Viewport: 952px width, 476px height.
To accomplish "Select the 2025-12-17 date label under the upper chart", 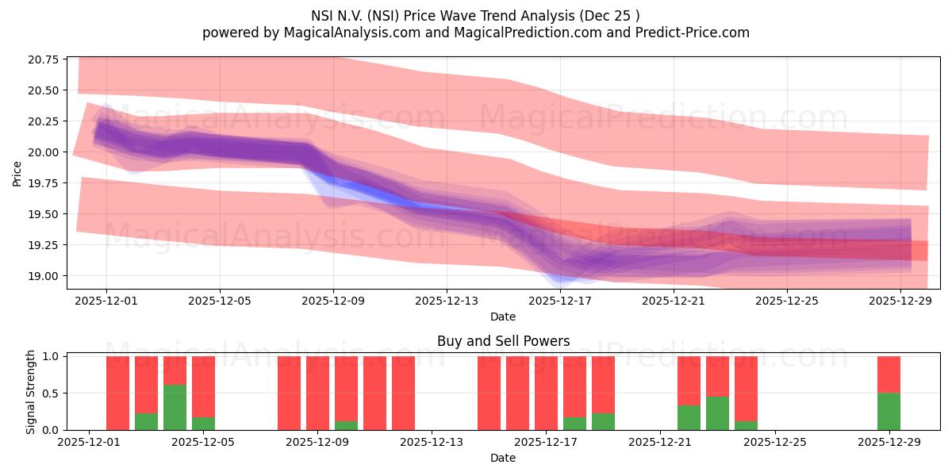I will click(560, 301).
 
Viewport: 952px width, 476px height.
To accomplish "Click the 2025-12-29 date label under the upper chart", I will click(900, 301).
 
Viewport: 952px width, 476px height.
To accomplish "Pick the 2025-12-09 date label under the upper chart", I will click(333, 301).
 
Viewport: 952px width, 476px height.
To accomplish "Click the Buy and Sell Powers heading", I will click(503, 342).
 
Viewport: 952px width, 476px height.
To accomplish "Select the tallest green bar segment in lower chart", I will click(175, 407).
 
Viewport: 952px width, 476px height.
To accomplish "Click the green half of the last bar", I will click(889, 412).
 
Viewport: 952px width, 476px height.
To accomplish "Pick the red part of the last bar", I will click(889, 374).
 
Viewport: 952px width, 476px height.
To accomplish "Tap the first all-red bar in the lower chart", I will click(117, 393).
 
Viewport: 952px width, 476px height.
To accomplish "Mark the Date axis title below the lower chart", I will click(503, 458).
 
